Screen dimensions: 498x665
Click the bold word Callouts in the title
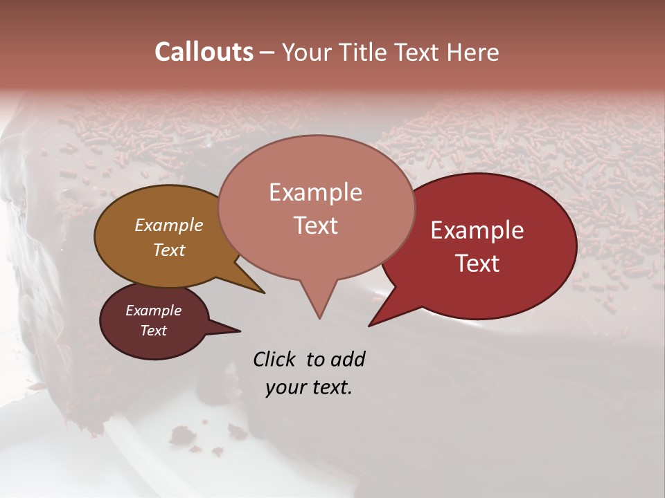[204, 52]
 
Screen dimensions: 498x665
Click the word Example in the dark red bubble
[477, 230]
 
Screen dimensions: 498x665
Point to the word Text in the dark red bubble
[477, 264]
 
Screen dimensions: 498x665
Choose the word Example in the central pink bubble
[315, 192]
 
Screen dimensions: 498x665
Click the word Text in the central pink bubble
[315, 225]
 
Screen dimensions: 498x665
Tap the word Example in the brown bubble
[168, 225]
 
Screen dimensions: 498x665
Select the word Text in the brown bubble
[168, 250]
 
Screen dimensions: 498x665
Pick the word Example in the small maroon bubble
[153, 311]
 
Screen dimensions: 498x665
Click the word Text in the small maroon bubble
[153, 331]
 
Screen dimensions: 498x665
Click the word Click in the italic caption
[276, 359]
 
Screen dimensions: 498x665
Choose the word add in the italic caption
[347, 359]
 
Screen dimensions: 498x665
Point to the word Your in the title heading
[307, 52]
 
